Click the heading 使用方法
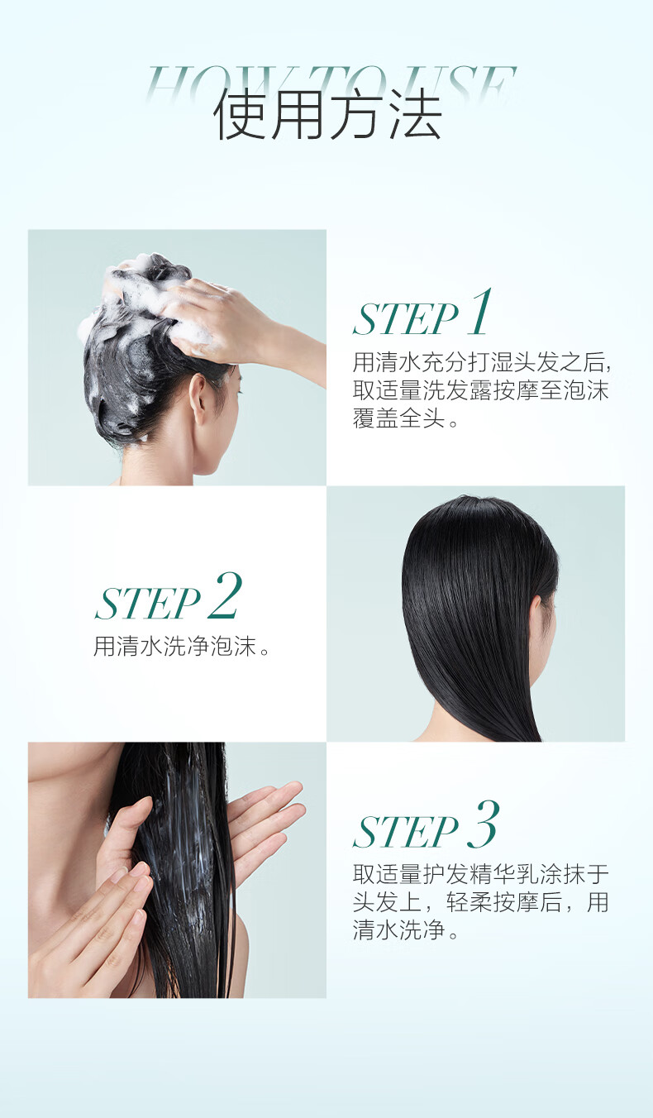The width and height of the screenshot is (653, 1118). [x=328, y=115]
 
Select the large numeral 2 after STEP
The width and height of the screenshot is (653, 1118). [x=225, y=595]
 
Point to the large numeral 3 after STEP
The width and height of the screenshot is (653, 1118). [x=483, y=824]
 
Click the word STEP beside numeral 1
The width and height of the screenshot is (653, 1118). [x=406, y=319]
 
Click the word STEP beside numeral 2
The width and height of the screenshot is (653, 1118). [x=148, y=604]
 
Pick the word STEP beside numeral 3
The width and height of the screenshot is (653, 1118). [x=406, y=832]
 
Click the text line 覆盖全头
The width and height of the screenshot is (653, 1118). [x=405, y=418]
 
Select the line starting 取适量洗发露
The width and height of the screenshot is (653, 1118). [x=481, y=390]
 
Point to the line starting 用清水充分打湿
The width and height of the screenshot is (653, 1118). [x=482, y=362]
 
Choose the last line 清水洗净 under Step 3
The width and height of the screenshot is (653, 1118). [x=405, y=929]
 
